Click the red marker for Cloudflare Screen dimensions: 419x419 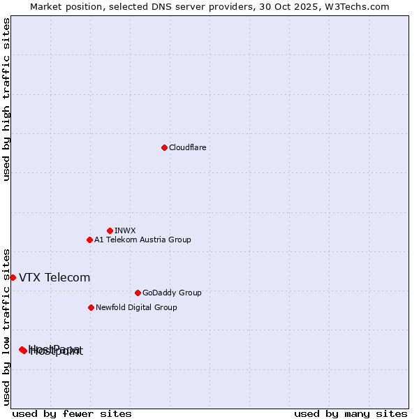pyautogui.click(x=164, y=147)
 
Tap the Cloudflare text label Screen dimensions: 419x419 pyautogui.click(x=187, y=147)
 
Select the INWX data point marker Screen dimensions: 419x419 pyautogui.click(x=110, y=230)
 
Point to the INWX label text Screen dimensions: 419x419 pyautogui.click(x=125, y=230)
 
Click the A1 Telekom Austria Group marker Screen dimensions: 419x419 pyautogui.click(x=89, y=240)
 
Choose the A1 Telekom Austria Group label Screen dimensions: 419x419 pyautogui.click(x=142, y=240)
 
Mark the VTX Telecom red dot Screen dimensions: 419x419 pyautogui.click(x=13, y=277)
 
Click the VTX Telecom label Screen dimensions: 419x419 pyautogui.click(x=54, y=277)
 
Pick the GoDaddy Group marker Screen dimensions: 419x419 pyautogui.click(x=138, y=293)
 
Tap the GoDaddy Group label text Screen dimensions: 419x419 pyautogui.click(x=172, y=293)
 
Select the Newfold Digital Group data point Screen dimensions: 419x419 pyautogui.click(x=91, y=307)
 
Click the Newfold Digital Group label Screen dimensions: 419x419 pyautogui.click(x=136, y=307)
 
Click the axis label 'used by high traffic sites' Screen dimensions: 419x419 pyautogui.click(x=6, y=100)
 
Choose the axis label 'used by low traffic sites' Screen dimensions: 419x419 pyautogui.click(x=6, y=326)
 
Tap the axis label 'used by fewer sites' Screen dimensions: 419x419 pyautogui.click(x=72, y=413)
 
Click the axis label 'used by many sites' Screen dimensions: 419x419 pyautogui.click(x=351, y=413)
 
